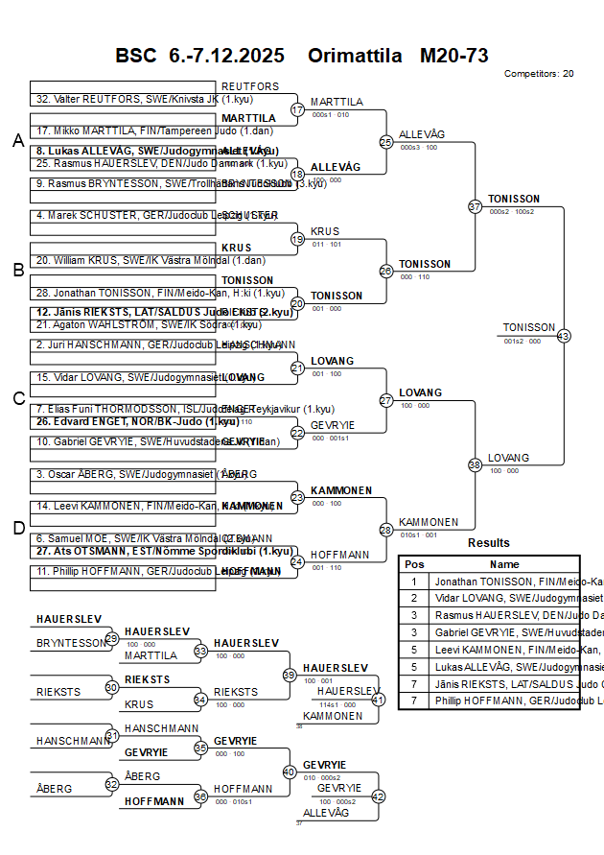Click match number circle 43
tap(563, 336)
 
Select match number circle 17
tap(297, 109)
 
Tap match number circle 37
tap(475, 206)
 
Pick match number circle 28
tap(385, 530)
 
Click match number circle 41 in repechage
tap(378, 700)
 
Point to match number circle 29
tap(112, 638)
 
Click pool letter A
tap(17, 141)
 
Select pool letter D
tap(17, 527)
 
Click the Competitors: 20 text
tap(539, 74)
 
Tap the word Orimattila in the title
tap(355, 56)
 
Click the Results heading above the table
tap(489, 543)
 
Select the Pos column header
tap(414, 564)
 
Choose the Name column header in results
tap(504, 564)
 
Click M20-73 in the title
tap(454, 56)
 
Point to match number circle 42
tap(378, 796)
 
